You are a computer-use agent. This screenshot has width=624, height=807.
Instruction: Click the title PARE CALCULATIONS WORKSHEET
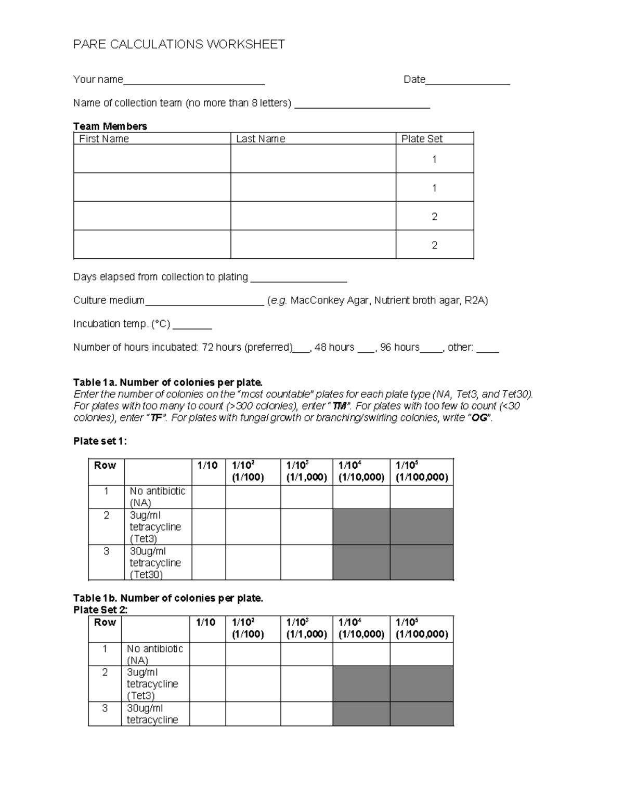click(x=179, y=45)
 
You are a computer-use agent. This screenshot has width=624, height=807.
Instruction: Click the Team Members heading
click(x=110, y=126)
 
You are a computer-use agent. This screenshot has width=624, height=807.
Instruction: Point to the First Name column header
click(x=104, y=139)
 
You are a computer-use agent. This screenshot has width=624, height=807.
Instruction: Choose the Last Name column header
click(x=261, y=139)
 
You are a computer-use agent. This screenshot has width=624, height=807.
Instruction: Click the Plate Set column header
click(x=422, y=139)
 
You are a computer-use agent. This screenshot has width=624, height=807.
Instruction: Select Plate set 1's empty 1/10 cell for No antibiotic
click(x=209, y=497)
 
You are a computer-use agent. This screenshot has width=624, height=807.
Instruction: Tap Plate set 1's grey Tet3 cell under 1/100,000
click(x=421, y=526)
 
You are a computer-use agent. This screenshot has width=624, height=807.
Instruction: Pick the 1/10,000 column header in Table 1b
click(x=361, y=628)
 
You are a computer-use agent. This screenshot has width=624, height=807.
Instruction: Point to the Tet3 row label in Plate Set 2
click(x=152, y=684)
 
